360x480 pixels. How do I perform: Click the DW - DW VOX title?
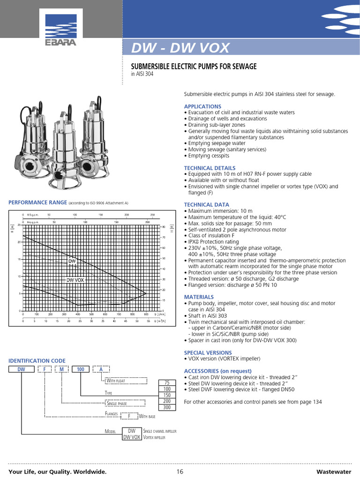pyautogui.click(x=180, y=48)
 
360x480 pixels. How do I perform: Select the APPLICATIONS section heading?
pyautogui.click(x=202, y=106)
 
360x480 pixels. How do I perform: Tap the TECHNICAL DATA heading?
pyautogui.click(x=206, y=205)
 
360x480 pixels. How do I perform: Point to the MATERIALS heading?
pyautogui.click(x=199, y=297)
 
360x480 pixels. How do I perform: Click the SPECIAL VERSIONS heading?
pyautogui.click(x=208, y=352)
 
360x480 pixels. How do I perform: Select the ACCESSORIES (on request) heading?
pyautogui.click(x=217, y=371)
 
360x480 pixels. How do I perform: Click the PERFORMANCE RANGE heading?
pyautogui.click(x=38, y=202)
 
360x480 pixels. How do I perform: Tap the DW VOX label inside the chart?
pyautogui.click(x=75, y=280)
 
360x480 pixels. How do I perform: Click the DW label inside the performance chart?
pyautogui.click(x=72, y=261)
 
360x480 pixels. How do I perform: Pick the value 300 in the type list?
pyautogui.click(x=167, y=407)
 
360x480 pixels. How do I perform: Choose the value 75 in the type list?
pyautogui.click(x=167, y=382)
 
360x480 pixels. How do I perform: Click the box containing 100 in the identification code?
pyautogui.click(x=80, y=369)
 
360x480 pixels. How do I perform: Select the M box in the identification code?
pyautogui.click(x=61, y=369)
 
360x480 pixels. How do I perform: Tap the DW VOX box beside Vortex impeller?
pyautogui.click(x=132, y=437)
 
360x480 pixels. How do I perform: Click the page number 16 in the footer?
pyautogui.click(x=180, y=472)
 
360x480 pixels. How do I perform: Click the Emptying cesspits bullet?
pyautogui.click(x=209, y=156)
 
